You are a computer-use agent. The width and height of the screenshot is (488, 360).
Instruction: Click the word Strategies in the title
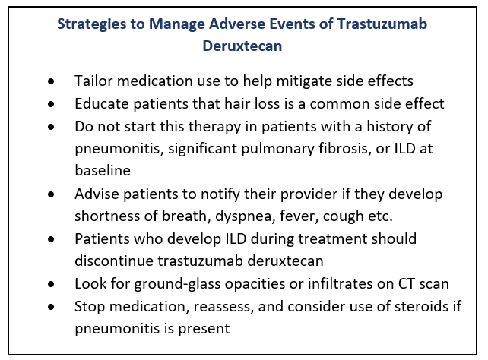click(x=92, y=24)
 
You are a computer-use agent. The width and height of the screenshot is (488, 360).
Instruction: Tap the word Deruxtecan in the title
click(x=242, y=46)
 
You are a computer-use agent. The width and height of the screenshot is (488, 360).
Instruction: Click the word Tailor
click(x=93, y=81)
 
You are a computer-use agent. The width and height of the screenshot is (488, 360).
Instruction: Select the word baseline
click(x=103, y=170)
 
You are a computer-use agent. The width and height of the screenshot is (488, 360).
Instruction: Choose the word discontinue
click(x=114, y=261)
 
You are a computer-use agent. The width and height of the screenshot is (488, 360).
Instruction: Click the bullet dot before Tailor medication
click(x=51, y=81)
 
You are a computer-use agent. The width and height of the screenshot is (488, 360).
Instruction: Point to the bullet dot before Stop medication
click(x=51, y=307)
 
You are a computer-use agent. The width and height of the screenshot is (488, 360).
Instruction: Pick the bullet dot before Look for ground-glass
click(x=51, y=284)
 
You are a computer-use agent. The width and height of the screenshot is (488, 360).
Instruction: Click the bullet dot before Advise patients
click(x=51, y=194)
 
